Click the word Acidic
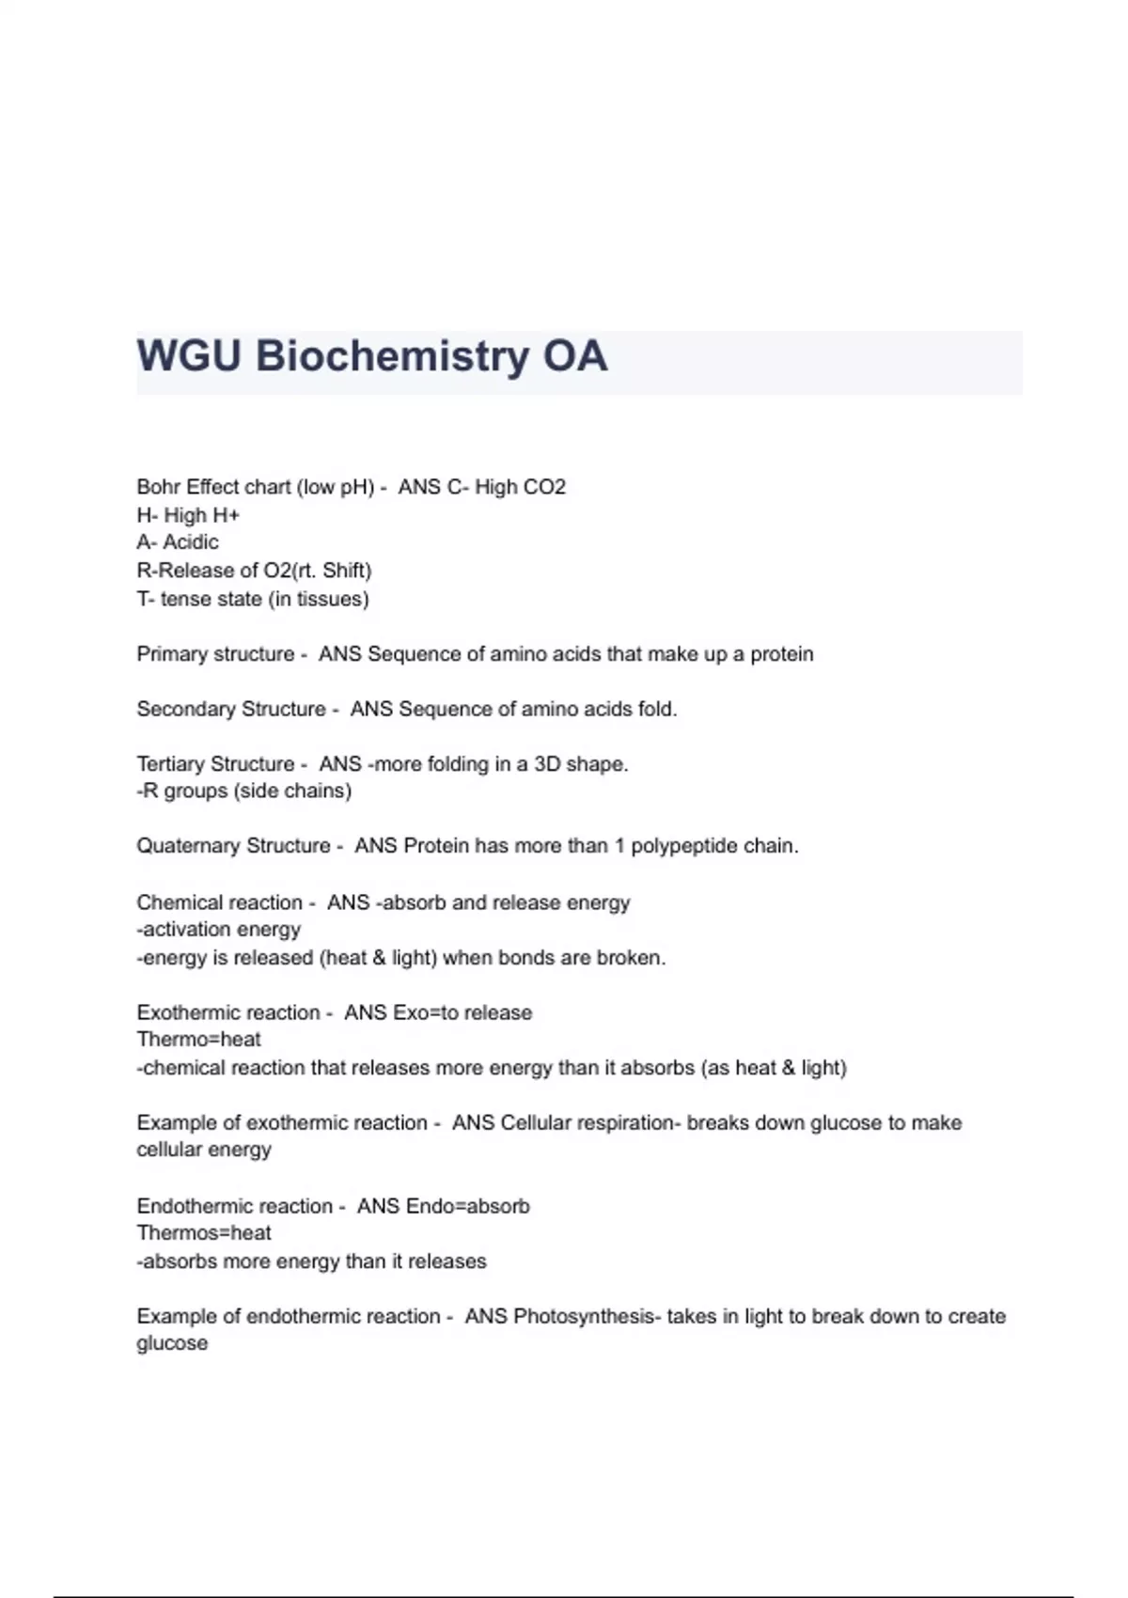pos(191,542)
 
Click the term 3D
pos(547,764)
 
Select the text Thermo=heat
pos(198,1040)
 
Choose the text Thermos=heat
pos(203,1233)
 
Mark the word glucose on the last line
pos(172,1343)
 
